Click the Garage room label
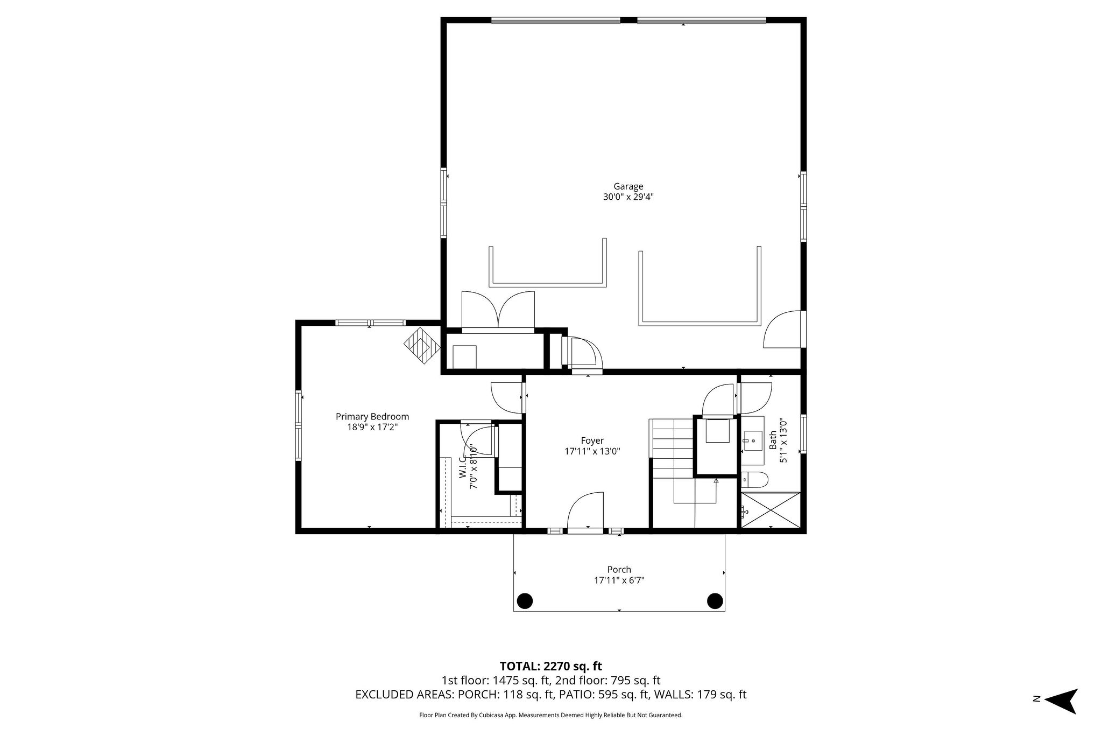tap(628, 187)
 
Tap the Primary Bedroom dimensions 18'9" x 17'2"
tap(372, 428)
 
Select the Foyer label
tap(592, 440)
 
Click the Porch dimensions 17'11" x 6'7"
tap(619, 580)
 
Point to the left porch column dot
tap(524, 600)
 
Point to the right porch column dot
tap(715, 600)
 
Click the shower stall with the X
tap(771, 510)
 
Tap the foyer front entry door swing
tap(587, 513)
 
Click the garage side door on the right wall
tap(784, 330)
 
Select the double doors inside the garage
tap(498, 311)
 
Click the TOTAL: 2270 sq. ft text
tap(550, 667)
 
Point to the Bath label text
tap(773, 440)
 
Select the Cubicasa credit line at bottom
tap(550, 715)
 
